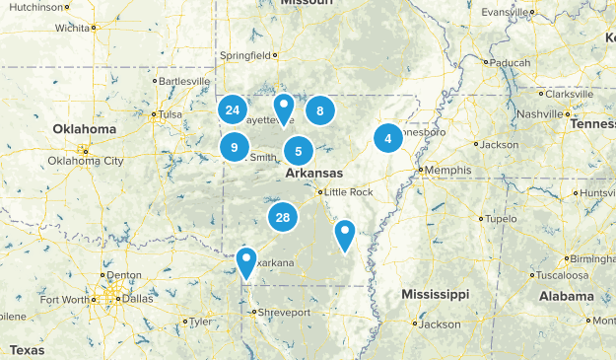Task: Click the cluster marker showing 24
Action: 233,110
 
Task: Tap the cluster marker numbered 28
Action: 283,218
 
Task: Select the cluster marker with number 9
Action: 235,148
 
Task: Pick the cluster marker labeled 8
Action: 320,111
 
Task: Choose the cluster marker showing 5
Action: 299,152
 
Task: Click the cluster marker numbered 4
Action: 388,139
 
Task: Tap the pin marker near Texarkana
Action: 246,262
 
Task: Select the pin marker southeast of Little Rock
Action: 344,235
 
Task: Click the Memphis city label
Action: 447,170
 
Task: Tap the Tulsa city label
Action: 171,113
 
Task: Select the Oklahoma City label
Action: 86,161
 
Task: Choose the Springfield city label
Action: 245,55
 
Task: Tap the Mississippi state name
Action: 435,295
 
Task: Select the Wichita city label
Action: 71,28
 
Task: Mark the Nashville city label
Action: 540,114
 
